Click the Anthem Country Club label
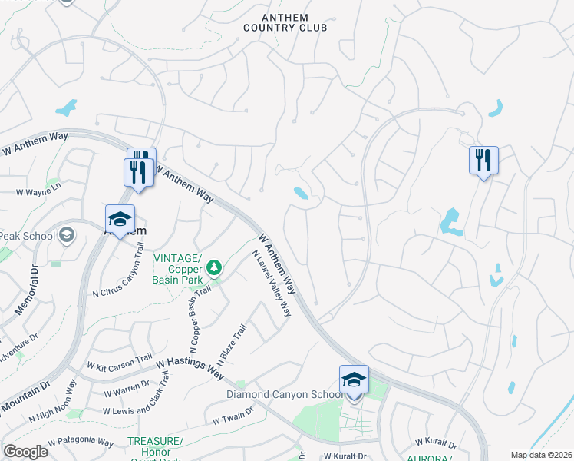[285, 22]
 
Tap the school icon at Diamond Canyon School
[354, 381]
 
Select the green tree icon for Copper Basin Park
[215, 267]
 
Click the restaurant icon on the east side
[483, 161]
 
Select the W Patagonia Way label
[80, 443]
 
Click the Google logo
[25, 452]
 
